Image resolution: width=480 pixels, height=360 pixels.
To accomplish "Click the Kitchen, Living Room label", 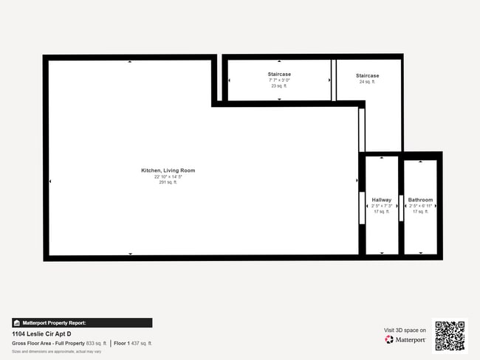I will click(x=168, y=170).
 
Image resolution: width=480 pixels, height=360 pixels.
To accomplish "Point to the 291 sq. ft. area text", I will click(x=168, y=182).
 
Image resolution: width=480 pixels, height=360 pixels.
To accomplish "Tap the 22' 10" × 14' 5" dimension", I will click(x=168, y=177).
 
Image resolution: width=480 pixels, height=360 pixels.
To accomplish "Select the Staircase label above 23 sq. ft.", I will click(x=278, y=75).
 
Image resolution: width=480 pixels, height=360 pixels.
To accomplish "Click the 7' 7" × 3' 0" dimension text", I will click(x=278, y=80).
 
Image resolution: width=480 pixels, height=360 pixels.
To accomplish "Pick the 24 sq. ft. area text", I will click(x=367, y=82).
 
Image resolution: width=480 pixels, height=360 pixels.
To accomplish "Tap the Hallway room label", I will click(x=381, y=200).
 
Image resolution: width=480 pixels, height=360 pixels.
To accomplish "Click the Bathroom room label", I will click(x=420, y=200).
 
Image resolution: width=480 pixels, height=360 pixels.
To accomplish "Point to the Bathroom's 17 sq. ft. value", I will click(x=420, y=212).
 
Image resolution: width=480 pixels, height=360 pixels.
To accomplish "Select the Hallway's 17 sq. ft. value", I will click(x=381, y=212).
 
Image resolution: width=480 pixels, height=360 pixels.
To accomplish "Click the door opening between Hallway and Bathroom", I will click(x=401, y=208).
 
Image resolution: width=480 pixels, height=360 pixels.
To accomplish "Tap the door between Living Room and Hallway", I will click(x=362, y=208).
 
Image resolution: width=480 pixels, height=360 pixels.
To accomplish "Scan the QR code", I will click(x=450, y=335).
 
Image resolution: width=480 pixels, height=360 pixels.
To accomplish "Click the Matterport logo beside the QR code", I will click(x=405, y=340).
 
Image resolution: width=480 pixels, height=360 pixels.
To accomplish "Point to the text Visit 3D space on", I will click(x=405, y=330).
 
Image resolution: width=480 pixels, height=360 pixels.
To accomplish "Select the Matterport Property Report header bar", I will click(x=82, y=322).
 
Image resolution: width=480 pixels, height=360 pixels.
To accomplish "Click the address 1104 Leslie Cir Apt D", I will click(x=41, y=333).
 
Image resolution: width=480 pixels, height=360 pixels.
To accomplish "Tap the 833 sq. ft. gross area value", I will click(x=97, y=343).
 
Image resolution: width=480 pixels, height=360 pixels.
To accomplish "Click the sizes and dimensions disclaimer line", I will click(x=56, y=351).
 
